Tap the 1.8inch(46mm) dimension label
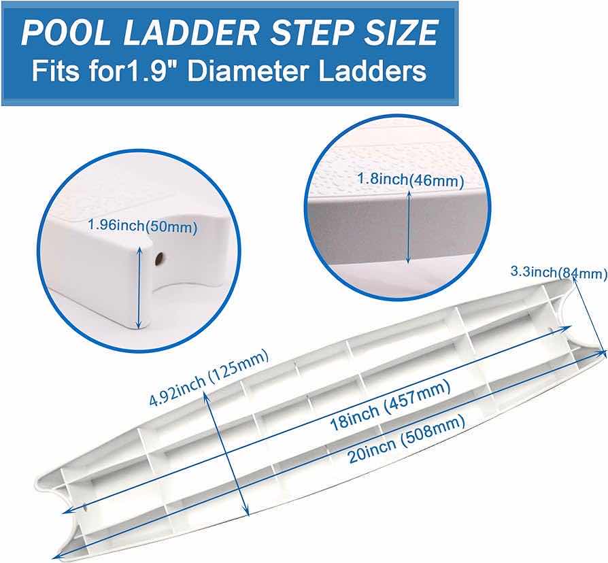[x=411, y=181]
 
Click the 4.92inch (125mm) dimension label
[x=209, y=379]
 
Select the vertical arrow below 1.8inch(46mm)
[x=407, y=226]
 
